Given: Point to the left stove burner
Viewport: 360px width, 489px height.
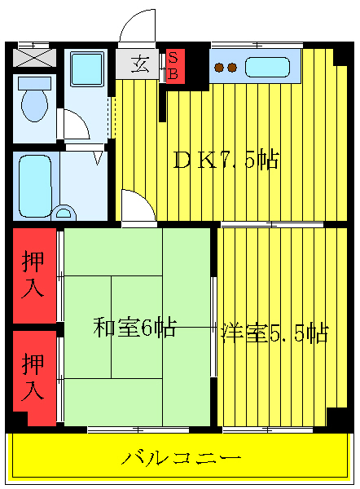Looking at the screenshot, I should pyautogui.click(x=219, y=68).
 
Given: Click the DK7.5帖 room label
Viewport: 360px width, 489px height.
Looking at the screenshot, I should pyautogui.click(x=226, y=161).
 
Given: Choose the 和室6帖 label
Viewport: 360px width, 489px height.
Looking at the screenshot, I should pyautogui.click(x=134, y=328).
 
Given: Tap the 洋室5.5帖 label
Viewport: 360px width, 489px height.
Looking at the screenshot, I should pyautogui.click(x=274, y=333).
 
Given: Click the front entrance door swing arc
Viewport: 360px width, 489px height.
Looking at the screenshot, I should pyautogui.click(x=136, y=24).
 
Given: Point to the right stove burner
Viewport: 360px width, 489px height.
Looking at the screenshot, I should pyautogui.click(x=232, y=68).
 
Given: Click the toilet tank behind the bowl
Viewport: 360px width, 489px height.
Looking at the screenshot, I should pyautogui.click(x=34, y=82).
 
